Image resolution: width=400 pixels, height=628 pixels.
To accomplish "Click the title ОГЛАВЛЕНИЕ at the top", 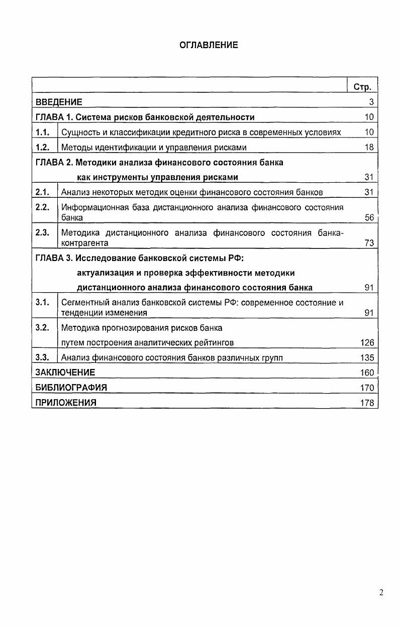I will (x=209, y=45).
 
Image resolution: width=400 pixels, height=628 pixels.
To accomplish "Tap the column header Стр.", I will (x=362, y=87).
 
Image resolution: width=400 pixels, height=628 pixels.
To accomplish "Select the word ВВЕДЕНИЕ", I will (x=59, y=102).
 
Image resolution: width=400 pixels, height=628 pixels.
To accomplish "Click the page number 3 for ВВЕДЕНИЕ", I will (x=371, y=102).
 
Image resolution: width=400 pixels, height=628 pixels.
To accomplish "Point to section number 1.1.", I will (x=43, y=132).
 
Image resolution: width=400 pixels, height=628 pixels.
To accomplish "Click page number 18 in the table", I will (x=369, y=147).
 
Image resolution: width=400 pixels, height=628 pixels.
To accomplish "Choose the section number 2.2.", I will (x=43, y=207).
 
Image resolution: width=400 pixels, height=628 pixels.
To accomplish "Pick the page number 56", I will (x=369, y=218).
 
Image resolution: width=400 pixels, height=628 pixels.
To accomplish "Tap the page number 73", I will (x=369, y=243).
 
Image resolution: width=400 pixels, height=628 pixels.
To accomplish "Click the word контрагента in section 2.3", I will (x=84, y=243).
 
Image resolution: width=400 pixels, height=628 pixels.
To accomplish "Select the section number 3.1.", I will (x=43, y=302).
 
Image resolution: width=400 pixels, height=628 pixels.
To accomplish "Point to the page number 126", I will (x=367, y=342).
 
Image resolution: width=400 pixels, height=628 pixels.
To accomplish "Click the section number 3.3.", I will (x=43, y=357).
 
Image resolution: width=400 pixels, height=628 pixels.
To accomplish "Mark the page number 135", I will (x=367, y=357).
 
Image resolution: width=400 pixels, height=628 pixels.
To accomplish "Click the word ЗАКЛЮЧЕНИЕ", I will (x=65, y=372).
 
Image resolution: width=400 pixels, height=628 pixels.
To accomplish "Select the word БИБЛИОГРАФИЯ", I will (x=71, y=388).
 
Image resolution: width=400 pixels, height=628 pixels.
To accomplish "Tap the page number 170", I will (x=367, y=388).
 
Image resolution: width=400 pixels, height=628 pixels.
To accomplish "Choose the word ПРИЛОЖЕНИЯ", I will (x=65, y=403).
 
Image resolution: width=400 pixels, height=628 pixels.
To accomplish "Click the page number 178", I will (x=367, y=403).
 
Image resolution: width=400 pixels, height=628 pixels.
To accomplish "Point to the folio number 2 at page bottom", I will (x=381, y=592).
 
